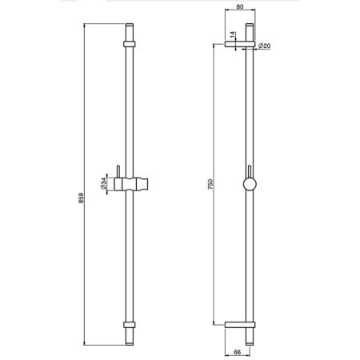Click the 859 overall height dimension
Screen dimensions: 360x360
(x=81, y=198)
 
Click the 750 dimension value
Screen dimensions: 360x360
(x=210, y=185)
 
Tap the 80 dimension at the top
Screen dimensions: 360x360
(x=240, y=7)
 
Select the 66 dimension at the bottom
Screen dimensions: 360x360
(x=237, y=352)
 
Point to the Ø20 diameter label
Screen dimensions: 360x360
(x=264, y=46)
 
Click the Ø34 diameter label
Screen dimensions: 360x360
(x=103, y=184)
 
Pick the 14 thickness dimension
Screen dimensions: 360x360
(x=232, y=34)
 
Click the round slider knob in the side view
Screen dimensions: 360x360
(x=250, y=184)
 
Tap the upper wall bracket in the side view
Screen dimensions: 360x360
(x=240, y=44)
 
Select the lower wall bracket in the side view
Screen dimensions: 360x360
(x=240, y=325)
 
